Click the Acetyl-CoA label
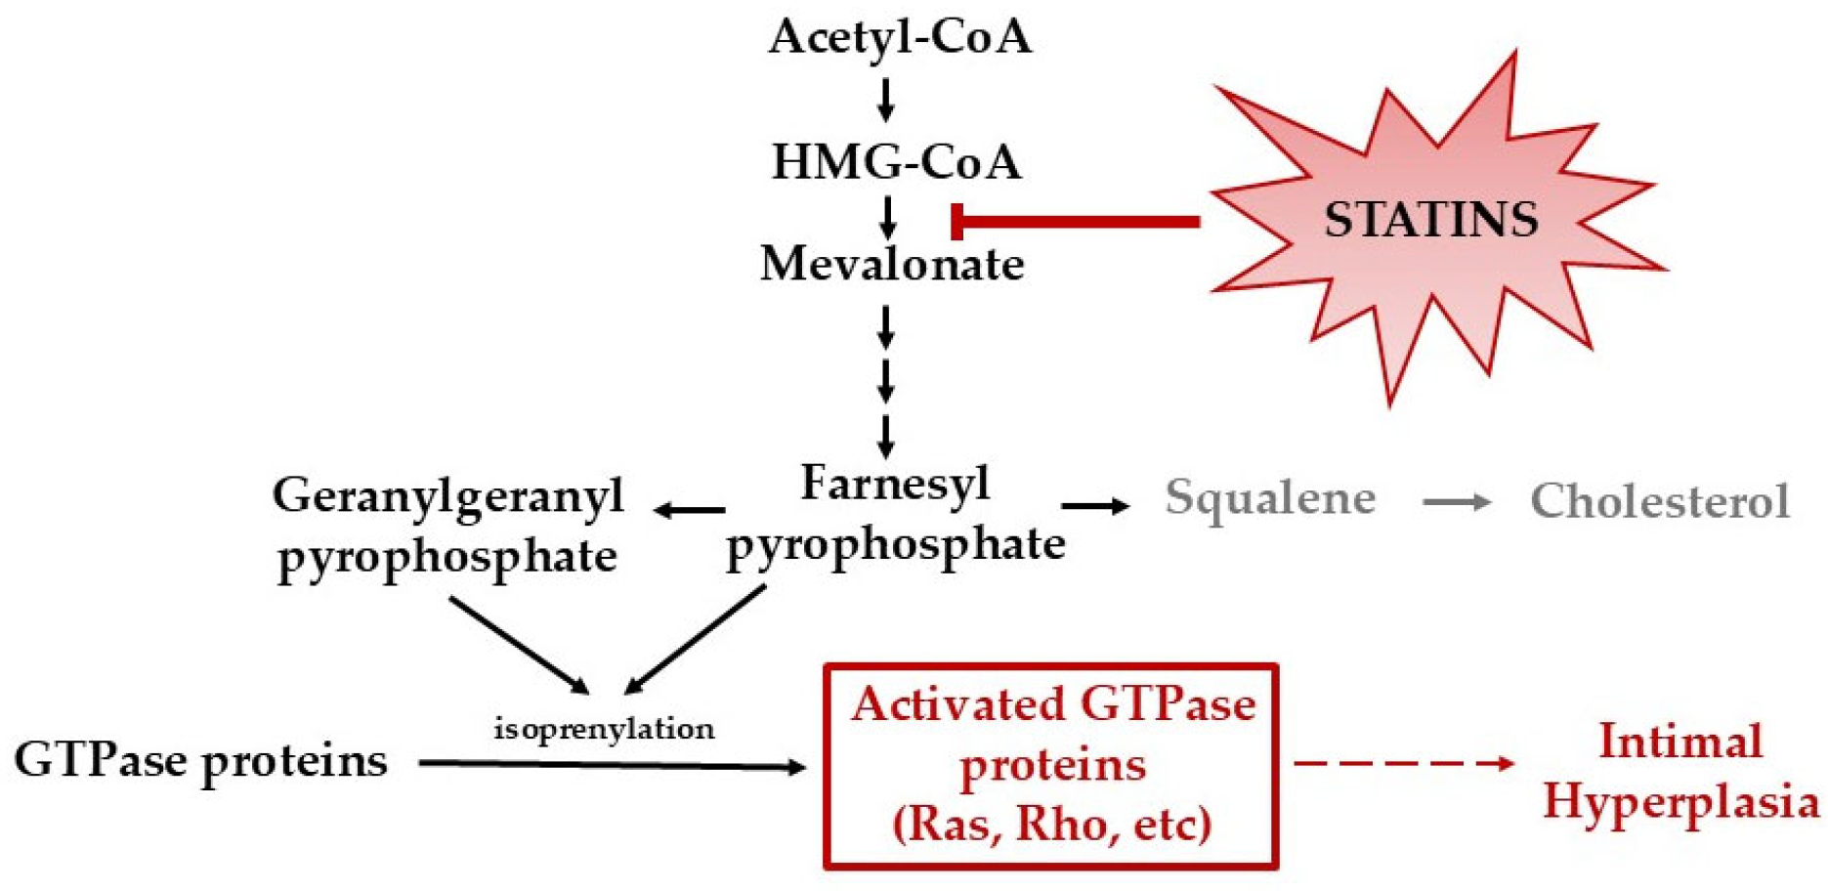(x=899, y=37)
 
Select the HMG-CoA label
(x=896, y=161)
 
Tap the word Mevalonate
(x=892, y=264)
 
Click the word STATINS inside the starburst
(x=1430, y=220)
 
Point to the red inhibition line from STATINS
(x=1075, y=222)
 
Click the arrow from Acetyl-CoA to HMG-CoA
(x=885, y=100)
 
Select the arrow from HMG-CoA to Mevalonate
(x=887, y=217)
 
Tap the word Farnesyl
(x=895, y=483)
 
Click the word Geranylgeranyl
(x=448, y=495)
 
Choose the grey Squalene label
(x=1269, y=498)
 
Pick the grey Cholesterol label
(x=1659, y=501)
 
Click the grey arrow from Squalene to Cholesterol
(x=1456, y=502)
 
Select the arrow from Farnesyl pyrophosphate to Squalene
(x=1094, y=505)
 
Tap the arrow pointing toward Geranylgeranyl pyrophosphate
(x=690, y=509)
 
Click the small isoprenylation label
(x=604, y=729)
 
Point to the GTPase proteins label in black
(x=200, y=760)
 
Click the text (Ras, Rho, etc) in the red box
(x=1051, y=824)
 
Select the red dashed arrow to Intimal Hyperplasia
(x=1403, y=763)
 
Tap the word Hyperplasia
(x=1680, y=802)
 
